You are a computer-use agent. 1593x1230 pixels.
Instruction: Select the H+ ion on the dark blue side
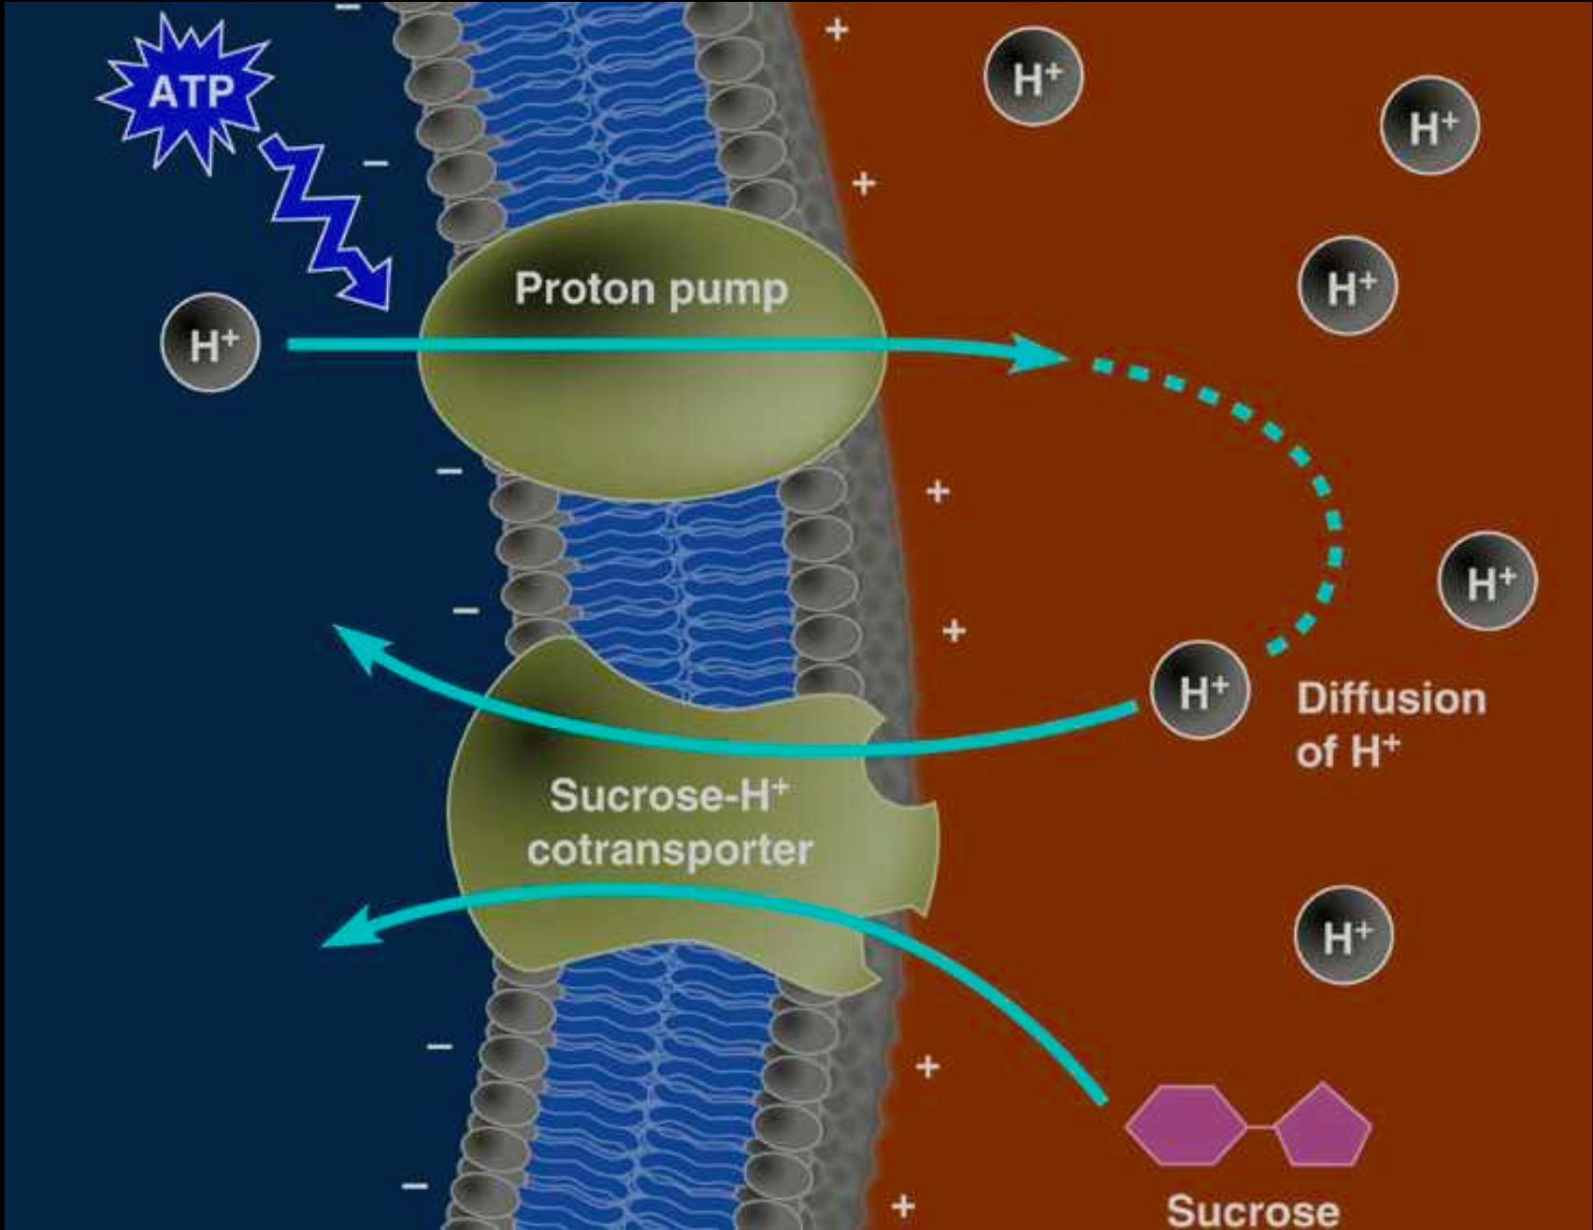tap(210, 346)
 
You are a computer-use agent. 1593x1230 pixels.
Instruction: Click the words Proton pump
tap(651, 289)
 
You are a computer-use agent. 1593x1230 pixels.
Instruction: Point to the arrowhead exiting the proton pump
tap(1038, 353)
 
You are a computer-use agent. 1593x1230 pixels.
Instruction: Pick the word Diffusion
tap(1391, 699)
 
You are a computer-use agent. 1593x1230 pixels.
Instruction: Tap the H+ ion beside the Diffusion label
tap(1199, 692)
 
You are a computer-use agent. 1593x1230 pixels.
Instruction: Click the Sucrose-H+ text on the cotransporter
tap(667, 796)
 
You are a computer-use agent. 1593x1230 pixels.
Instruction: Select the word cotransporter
tap(669, 851)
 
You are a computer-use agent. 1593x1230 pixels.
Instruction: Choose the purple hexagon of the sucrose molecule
tap(1186, 1125)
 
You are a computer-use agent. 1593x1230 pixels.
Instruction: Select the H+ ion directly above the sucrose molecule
tap(1343, 936)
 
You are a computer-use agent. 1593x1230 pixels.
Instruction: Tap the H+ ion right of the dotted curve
tap(1487, 581)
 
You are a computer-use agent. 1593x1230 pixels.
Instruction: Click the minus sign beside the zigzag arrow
tap(376, 164)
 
